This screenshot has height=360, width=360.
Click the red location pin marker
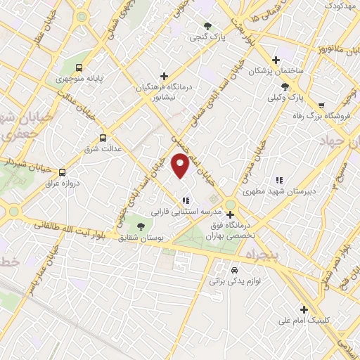181,165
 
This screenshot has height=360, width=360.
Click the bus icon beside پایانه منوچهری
79,68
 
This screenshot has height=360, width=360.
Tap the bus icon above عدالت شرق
103,138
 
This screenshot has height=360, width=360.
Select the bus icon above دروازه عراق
63,172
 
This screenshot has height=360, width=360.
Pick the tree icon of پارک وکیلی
285,86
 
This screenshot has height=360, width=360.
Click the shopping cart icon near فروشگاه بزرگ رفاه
321,105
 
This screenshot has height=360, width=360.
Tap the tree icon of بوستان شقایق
141,226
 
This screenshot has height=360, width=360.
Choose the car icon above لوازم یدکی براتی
235,269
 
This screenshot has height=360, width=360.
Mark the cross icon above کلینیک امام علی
304,309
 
